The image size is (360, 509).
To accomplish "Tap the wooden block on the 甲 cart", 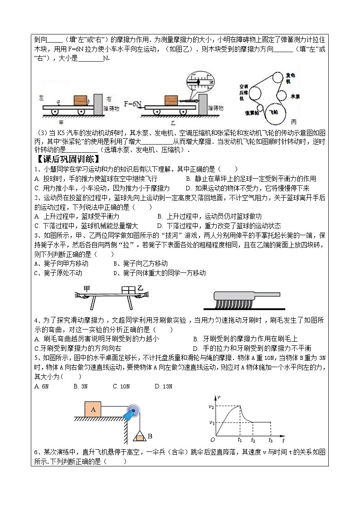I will [80, 100].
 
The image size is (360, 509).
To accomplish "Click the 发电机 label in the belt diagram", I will [291, 78].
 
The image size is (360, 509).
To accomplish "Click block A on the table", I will [93, 410].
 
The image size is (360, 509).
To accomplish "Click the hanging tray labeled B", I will [140, 437].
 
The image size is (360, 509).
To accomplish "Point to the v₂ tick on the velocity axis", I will [211, 407].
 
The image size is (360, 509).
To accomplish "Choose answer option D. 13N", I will [164, 386].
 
